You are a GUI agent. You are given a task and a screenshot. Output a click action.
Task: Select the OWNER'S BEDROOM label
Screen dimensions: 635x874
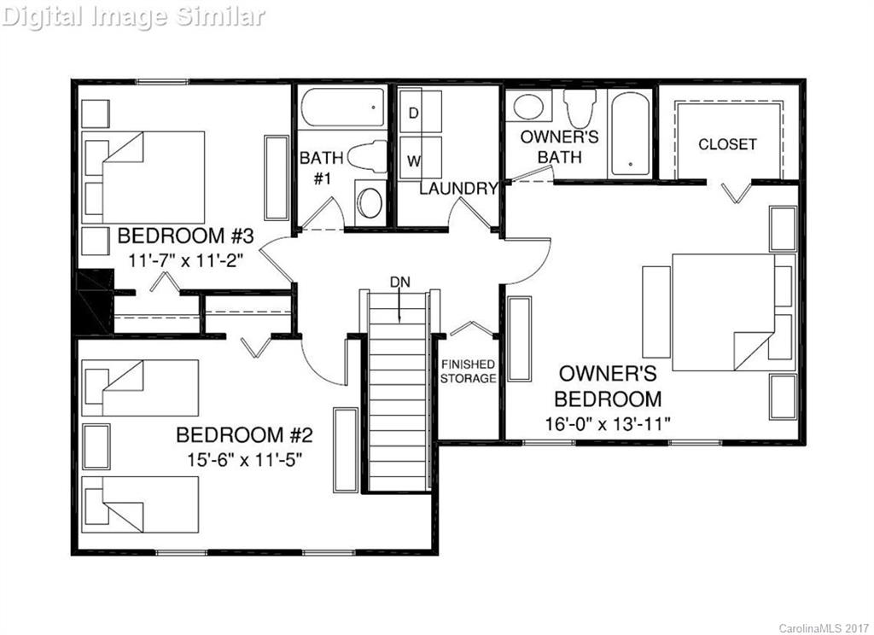[608, 386]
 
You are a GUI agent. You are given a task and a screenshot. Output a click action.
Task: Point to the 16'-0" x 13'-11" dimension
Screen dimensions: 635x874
[609, 423]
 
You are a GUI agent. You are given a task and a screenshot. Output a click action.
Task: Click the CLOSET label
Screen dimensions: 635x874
[727, 144]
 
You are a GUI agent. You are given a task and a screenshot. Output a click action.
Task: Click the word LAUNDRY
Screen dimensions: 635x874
[457, 189]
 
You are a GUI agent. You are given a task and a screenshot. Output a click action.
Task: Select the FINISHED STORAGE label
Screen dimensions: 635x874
[468, 371]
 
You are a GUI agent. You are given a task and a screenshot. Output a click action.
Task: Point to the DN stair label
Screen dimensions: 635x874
[399, 282]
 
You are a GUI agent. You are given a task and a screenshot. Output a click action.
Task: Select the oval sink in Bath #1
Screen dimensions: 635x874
[370, 203]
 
